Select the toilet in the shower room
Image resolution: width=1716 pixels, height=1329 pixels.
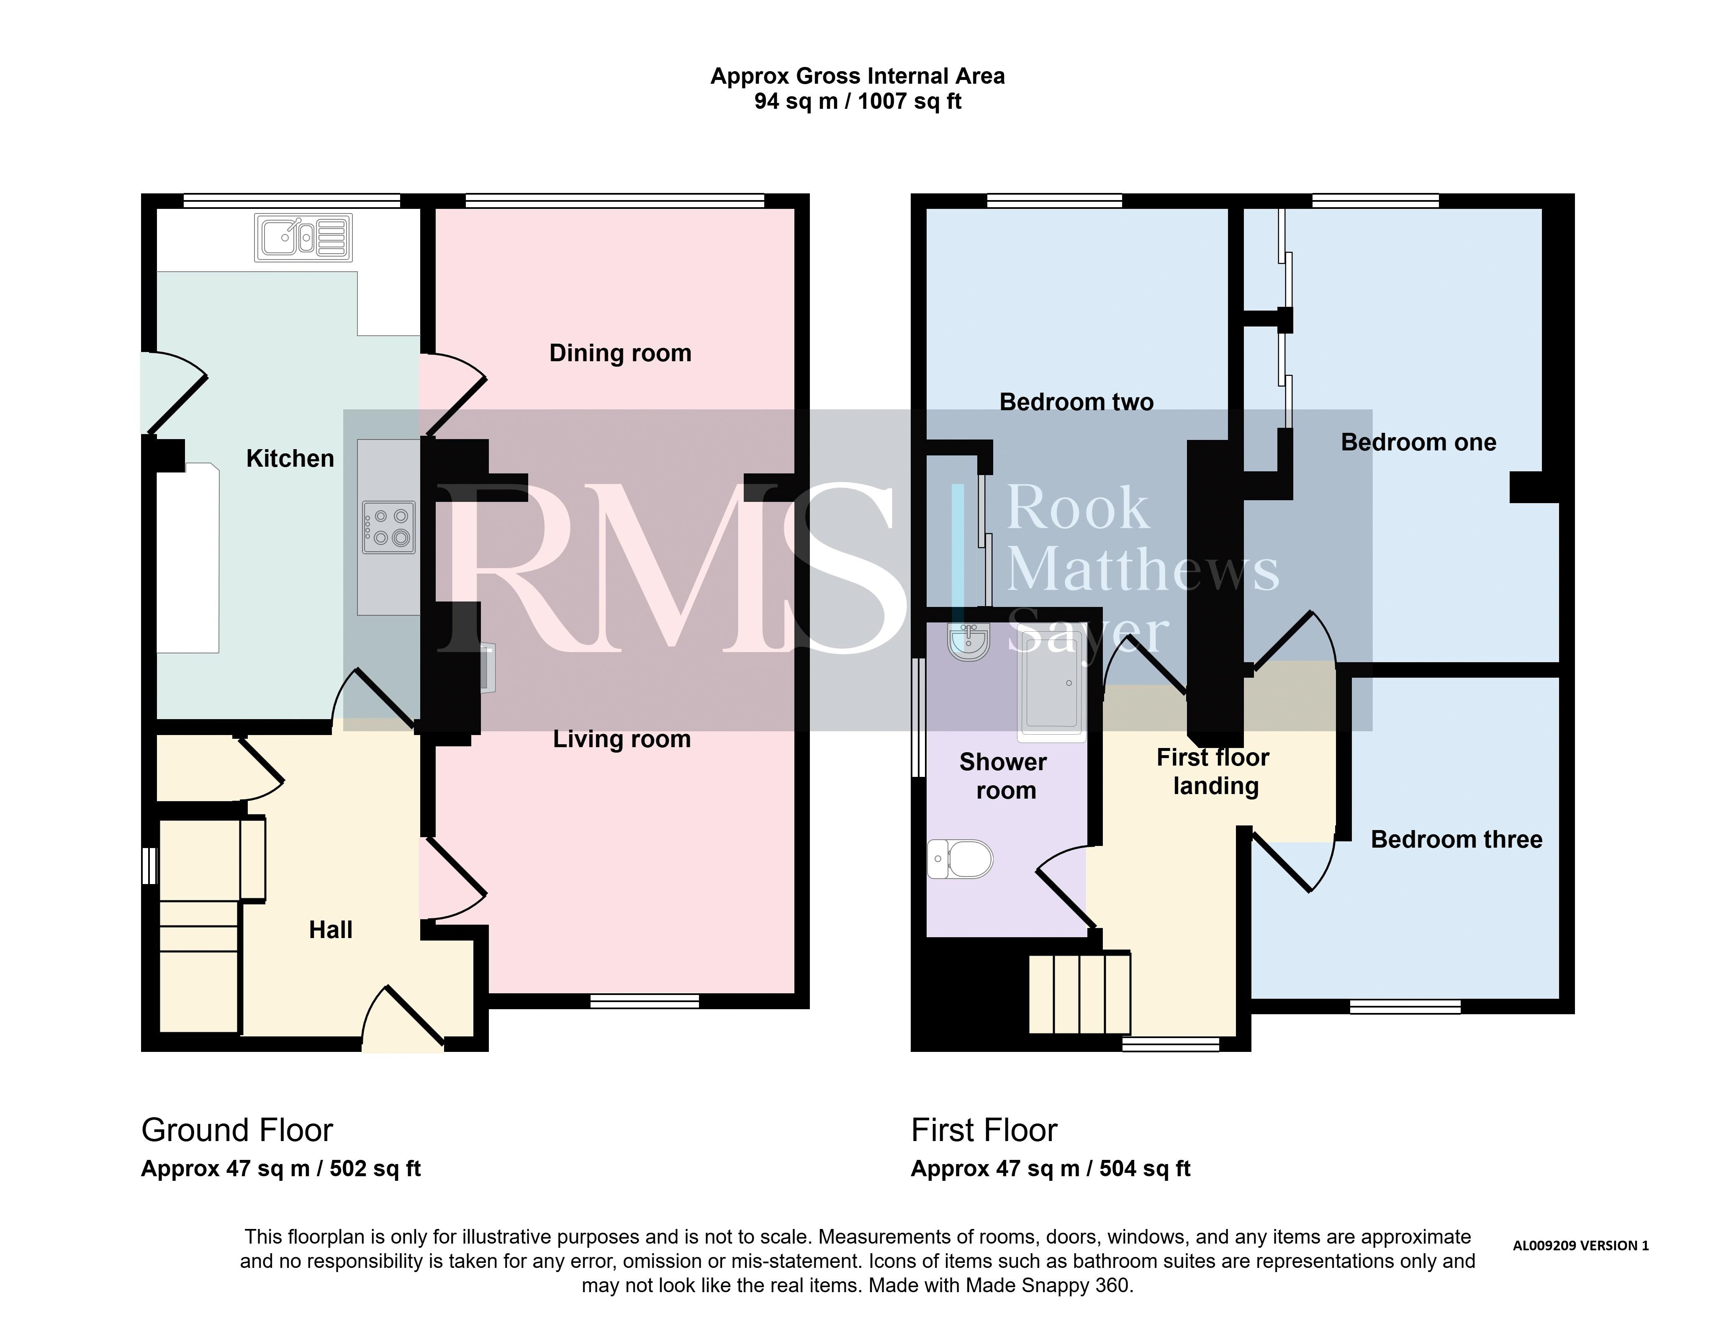960,859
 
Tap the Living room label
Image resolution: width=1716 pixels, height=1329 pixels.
622,739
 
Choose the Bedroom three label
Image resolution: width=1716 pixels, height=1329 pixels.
1456,839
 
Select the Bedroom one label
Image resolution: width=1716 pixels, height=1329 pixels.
1418,442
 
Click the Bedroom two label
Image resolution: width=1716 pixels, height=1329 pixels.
1076,402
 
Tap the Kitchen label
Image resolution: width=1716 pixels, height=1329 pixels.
290,458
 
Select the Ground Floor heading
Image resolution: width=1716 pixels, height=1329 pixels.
237,1130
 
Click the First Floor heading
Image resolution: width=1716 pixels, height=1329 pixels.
984,1130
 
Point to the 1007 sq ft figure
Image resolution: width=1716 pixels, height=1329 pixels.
909,101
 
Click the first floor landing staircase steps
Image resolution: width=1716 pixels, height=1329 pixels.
1079,992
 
